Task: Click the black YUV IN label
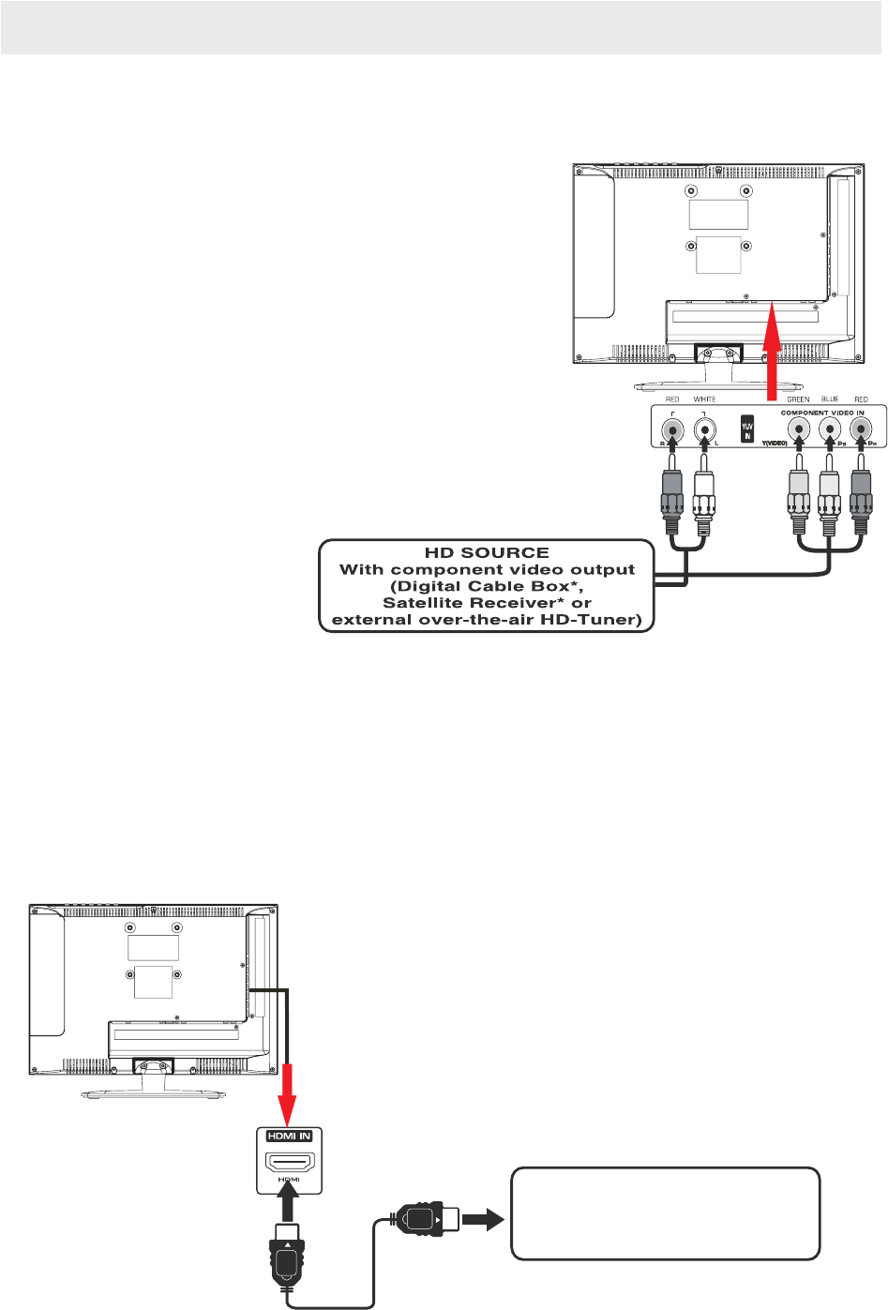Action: point(747,430)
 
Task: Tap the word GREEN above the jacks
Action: point(798,399)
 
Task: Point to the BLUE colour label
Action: point(830,399)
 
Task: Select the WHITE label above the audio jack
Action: point(704,399)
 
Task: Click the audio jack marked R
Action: point(672,431)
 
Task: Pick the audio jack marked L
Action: point(704,431)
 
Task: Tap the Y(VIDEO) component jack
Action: point(798,430)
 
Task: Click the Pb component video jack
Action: point(830,430)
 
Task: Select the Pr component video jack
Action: point(861,430)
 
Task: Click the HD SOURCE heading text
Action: point(487,553)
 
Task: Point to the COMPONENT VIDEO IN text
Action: point(822,413)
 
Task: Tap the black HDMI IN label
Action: point(289,1137)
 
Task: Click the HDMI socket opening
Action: point(289,1164)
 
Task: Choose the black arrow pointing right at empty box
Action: point(483,1220)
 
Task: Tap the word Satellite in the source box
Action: point(423,603)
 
